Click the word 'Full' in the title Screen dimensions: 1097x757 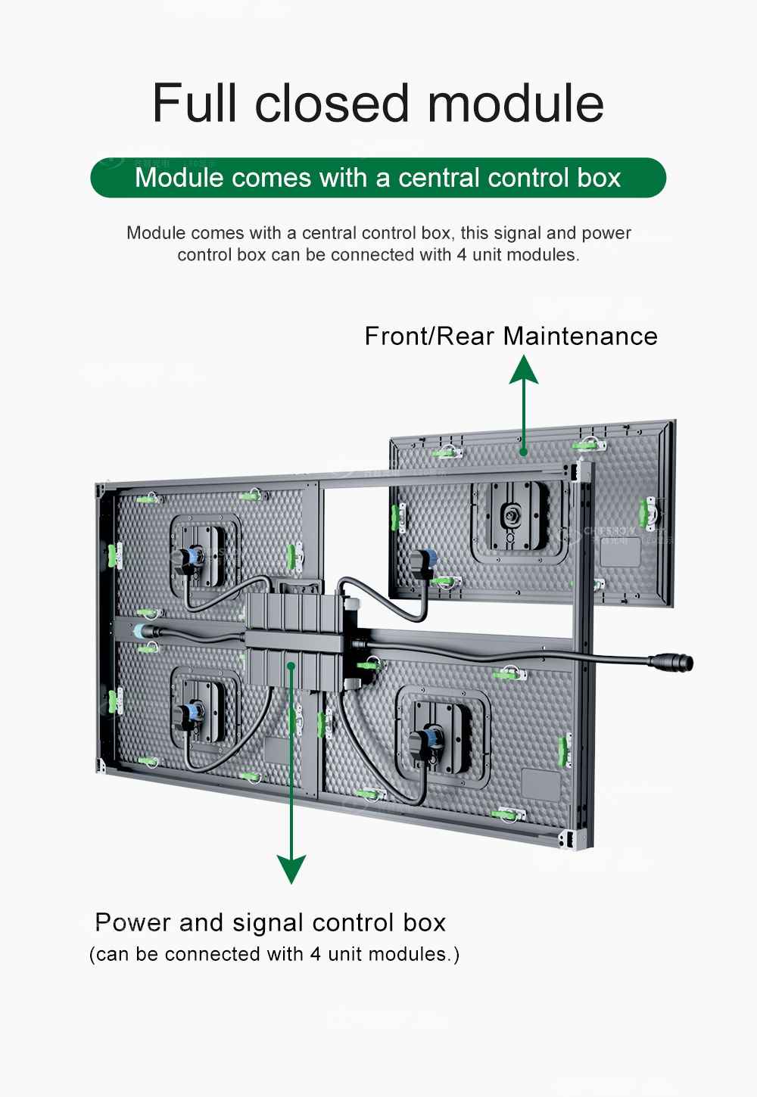[195, 104]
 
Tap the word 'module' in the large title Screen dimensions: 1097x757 [516, 104]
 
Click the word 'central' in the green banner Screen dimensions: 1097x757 [438, 178]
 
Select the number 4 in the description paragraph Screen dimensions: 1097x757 [461, 255]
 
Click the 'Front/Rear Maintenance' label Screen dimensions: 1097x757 [511, 336]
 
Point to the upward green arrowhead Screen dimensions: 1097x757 [524, 370]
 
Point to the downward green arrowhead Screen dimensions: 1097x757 [291, 869]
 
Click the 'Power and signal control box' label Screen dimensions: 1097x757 [270, 922]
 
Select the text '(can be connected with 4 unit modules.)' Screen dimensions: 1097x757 [274, 954]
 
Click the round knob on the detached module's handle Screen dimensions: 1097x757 [509, 517]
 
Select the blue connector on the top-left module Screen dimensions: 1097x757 [189, 558]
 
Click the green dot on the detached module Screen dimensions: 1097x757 [523, 452]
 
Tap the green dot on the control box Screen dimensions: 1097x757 [291, 666]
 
